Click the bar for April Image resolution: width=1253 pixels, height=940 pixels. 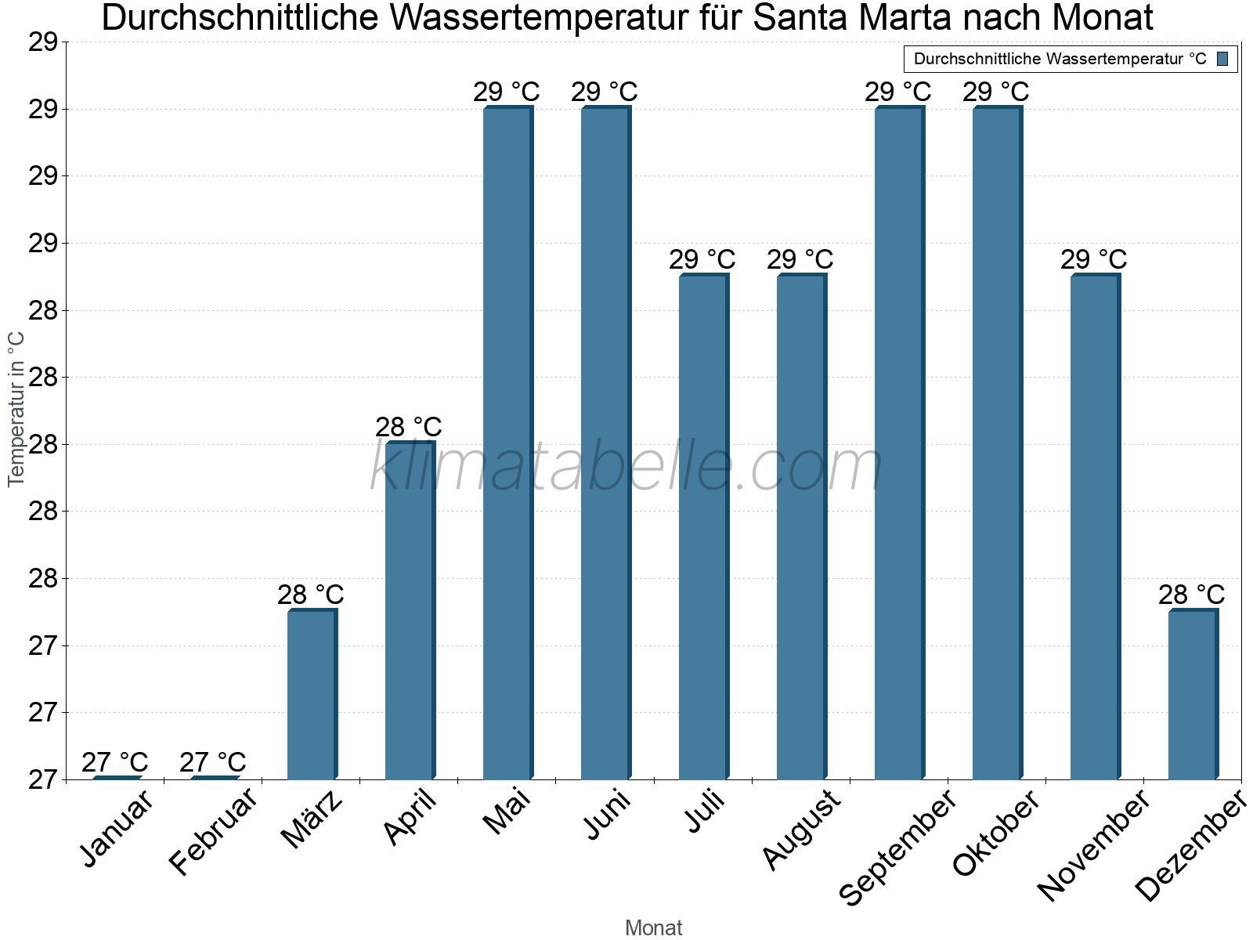coord(409,611)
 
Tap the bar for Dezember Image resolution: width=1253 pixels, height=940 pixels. coord(1192,695)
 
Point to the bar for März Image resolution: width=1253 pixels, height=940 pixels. coord(311,695)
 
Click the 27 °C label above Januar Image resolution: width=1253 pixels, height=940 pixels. coord(114,762)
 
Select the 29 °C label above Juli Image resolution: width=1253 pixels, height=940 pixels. coord(702,259)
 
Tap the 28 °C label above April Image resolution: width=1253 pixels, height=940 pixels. coord(408,428)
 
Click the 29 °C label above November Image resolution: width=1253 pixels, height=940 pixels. coord(1093,259)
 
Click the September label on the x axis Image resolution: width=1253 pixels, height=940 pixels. coord(897,846)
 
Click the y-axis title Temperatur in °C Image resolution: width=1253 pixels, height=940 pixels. coord(16,409)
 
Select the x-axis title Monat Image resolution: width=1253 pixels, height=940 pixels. coord(654,928)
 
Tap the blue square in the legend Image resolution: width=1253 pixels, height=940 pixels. coord(1222,59)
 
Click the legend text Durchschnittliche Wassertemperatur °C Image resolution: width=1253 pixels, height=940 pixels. coord(1060,59)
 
